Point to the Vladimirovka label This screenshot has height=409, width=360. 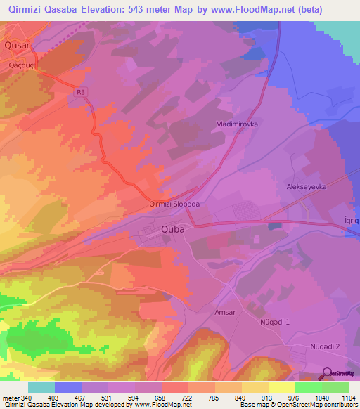(x=236, y=124)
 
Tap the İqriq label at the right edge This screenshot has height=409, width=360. (x=351, y=220)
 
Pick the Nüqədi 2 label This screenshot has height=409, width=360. (x=325, y=347)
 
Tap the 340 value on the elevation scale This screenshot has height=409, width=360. (x=25, y=398)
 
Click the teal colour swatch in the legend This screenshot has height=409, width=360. (x=41, y=387)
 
